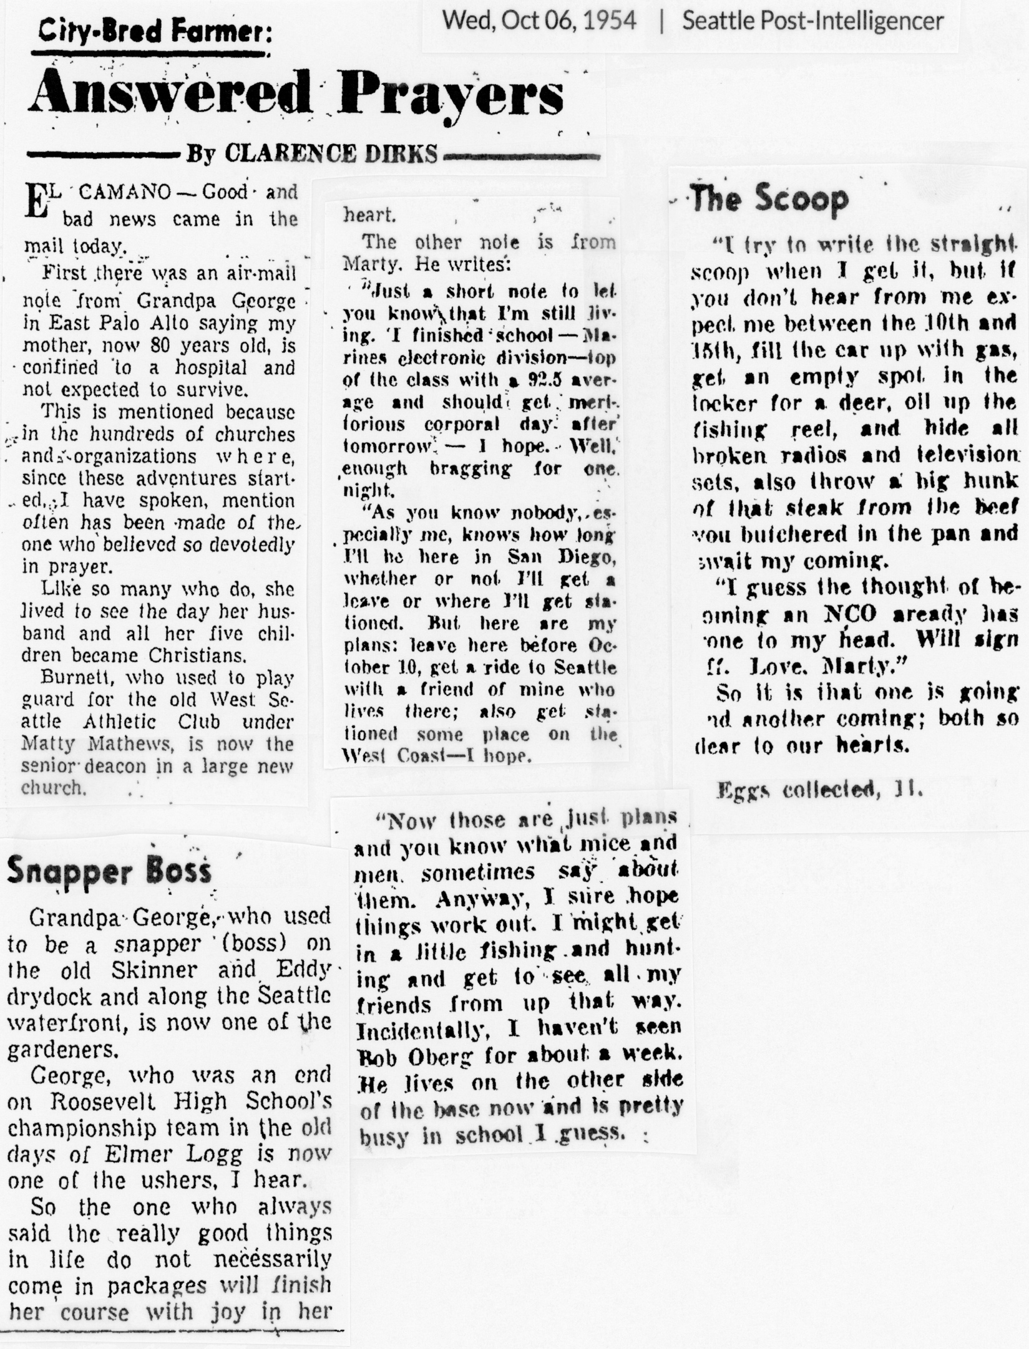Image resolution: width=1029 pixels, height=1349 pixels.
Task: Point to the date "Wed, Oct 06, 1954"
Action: point(539,21)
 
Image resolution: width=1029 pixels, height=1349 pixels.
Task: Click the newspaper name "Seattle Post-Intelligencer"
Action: point(812,21)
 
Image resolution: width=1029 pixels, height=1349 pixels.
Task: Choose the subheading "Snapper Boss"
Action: point(109,871)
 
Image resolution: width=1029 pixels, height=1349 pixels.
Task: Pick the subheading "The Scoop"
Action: point(769,199)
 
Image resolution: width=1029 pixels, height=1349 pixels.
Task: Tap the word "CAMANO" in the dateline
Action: point(125,192)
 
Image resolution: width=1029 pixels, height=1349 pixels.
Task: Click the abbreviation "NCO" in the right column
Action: point(850,614)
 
